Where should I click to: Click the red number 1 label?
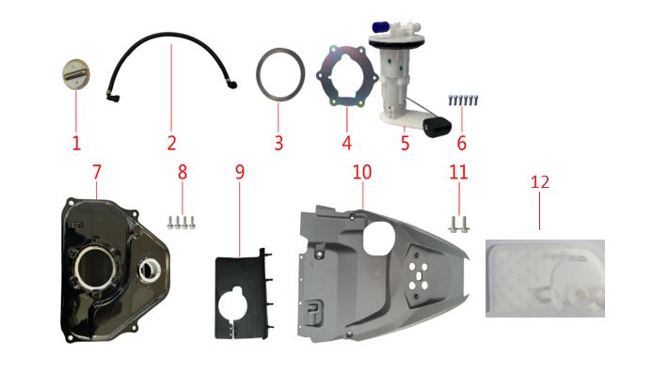(76, 143)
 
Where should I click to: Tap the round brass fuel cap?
(76, 74)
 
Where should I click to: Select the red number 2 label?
(171, 143)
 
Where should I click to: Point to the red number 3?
(279, 143)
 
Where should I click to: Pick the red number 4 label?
(347, 143)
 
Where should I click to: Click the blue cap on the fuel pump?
(379, 27)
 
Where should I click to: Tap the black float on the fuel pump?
(438, 126)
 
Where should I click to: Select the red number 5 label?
(406, 143)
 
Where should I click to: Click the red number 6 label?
(461, 143)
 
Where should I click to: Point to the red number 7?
(97, 172)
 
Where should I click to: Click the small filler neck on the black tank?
(149, 270)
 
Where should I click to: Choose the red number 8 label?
(183, 172)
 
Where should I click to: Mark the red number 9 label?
(239, 172)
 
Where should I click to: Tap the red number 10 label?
(362, 172)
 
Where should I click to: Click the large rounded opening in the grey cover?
(379, 238)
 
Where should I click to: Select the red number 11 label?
(458, 172)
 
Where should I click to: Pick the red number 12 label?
(540, 182)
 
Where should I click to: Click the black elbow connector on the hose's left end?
(113, 98)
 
